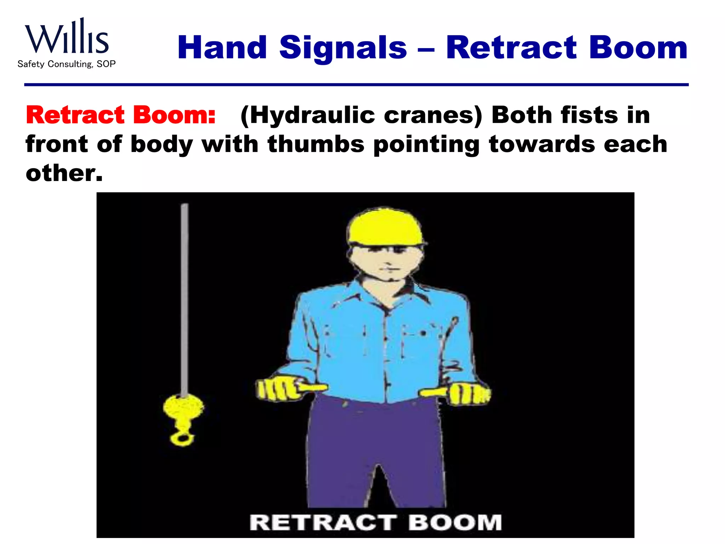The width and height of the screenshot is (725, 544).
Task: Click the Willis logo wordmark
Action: click(x=67, y=37)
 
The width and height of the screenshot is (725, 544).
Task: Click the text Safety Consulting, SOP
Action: click(x=67, y=64)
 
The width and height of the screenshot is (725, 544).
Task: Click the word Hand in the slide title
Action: click(x=222, y=48)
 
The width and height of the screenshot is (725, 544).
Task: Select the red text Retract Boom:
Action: click(x=121, y=115)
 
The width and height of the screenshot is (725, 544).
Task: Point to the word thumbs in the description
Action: click(x=316, y=144)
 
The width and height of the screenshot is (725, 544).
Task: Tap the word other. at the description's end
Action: click(x=64, y=173)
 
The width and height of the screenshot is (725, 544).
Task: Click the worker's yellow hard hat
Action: click(x=385, y=227)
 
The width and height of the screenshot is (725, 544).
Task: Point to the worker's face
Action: click(x=386, y=262)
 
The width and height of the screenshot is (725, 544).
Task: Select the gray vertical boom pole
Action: click(x=184, y=297)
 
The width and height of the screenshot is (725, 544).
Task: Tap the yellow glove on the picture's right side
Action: click(x=467, y=393)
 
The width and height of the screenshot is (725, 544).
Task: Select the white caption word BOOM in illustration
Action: click(x=455, y=523)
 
